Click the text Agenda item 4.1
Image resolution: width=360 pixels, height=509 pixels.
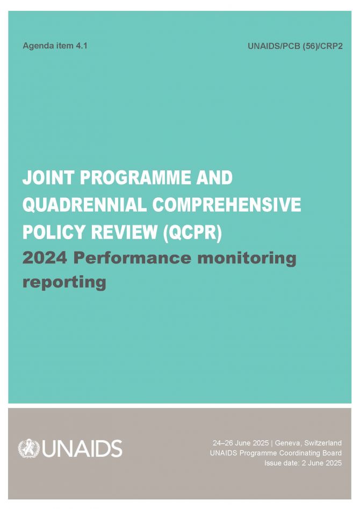point(55,46)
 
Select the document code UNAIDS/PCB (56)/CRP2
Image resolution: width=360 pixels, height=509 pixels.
point(295,46)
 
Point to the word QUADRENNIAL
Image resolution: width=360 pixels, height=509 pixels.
point(84,205)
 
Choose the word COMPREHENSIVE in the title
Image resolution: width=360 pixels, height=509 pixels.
point(227,205)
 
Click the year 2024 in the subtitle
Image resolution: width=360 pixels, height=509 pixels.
point(45,258)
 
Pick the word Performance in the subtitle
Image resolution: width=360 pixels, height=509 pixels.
point(132,258)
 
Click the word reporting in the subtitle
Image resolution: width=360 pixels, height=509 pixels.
point(64,282)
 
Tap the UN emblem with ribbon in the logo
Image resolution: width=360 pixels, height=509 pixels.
point(28,449)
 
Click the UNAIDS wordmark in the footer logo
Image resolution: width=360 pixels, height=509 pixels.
point(82,449)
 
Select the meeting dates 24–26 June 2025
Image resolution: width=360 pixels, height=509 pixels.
point(241,443)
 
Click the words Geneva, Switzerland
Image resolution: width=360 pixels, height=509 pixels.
point(308,443)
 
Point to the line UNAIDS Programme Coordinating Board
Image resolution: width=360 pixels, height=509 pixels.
point(276,453)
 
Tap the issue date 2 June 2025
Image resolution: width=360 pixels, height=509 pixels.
point(322,463)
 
